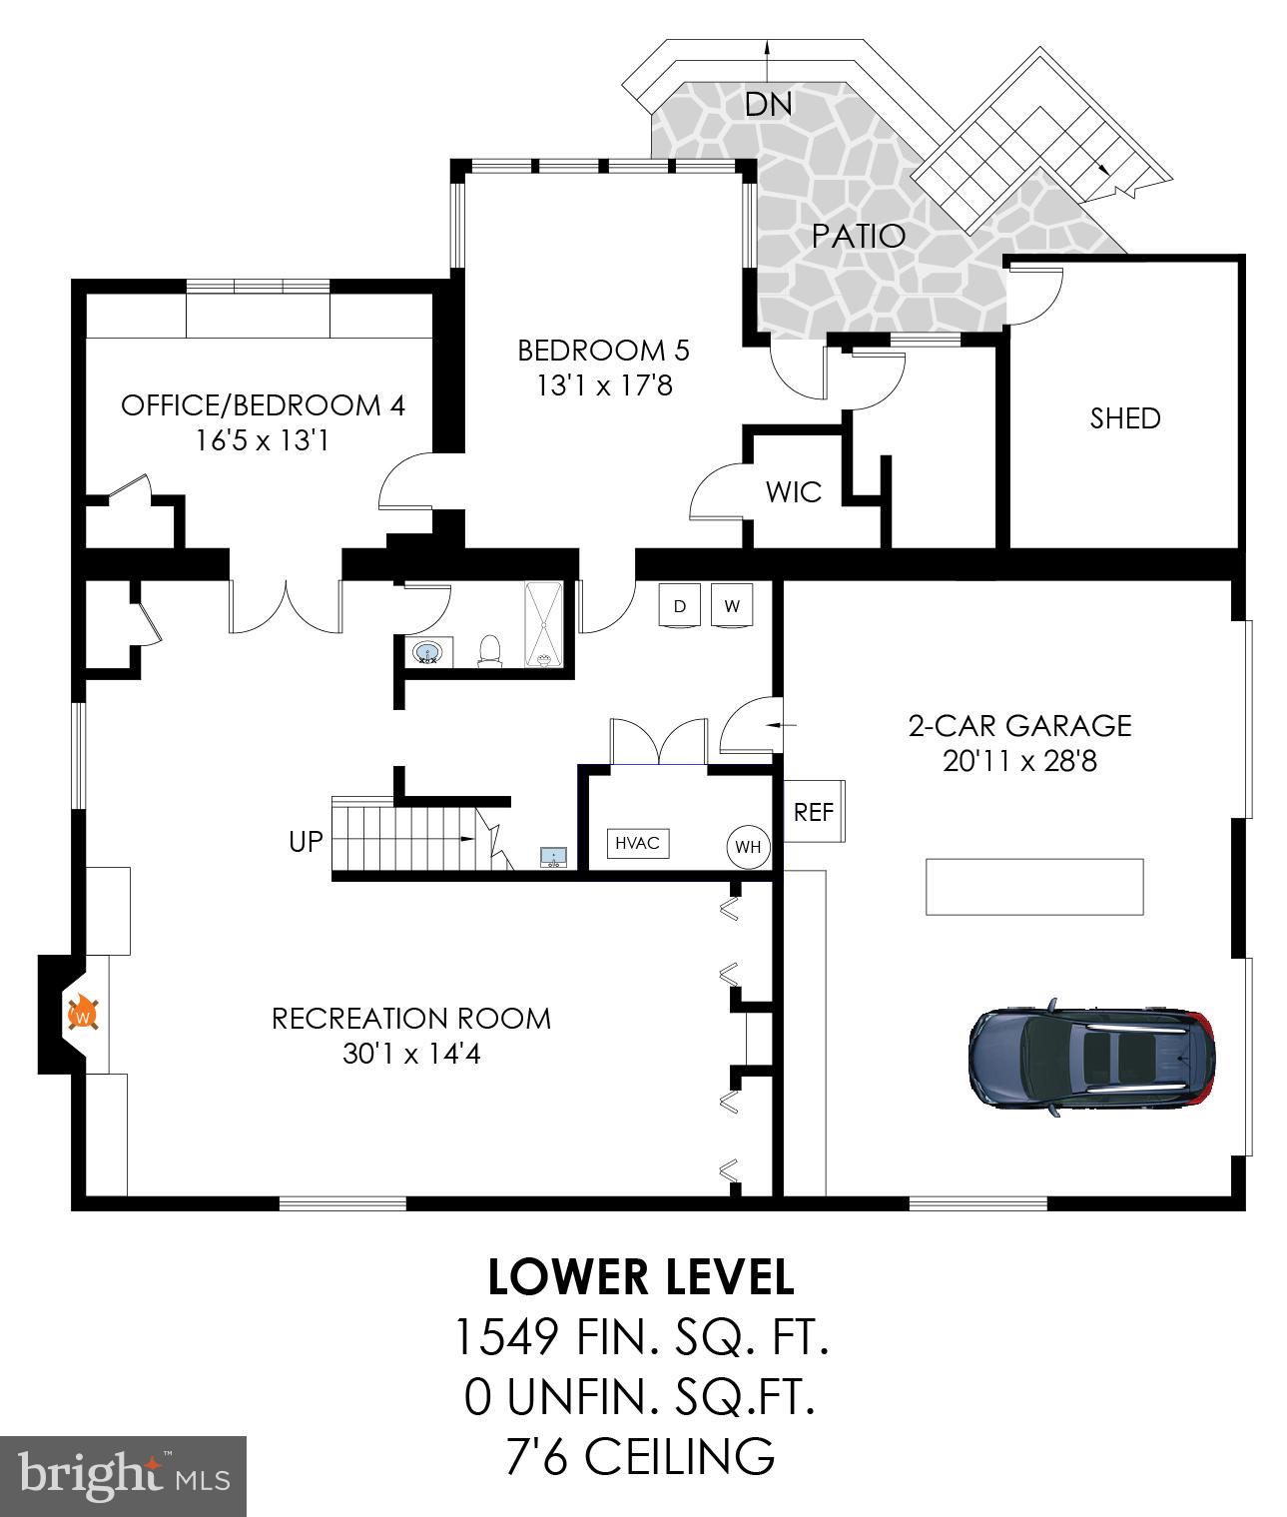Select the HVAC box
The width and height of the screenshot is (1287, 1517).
[x=637, y=843]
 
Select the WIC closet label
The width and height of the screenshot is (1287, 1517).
[x=794, y=491]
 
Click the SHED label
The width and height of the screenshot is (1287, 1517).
[x=1125, y=418]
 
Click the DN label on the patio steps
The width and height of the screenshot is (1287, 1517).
[x=768, y=104]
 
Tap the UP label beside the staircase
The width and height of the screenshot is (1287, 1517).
[x=306, y=842]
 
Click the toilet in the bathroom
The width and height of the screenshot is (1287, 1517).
[x=489, y=650]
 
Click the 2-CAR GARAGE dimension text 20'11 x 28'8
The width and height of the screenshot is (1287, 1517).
[x=1019, y=762]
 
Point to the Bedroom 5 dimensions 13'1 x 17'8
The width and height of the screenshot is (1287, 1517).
[x=604, y=384]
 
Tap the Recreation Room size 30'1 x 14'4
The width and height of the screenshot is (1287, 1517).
[x=411, y=1054]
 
